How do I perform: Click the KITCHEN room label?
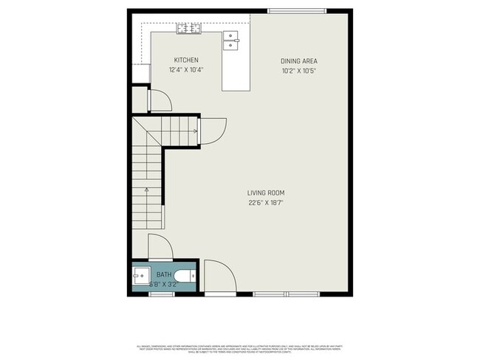point(185,60)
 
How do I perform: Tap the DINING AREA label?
point(298,60)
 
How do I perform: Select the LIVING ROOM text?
point(266,193)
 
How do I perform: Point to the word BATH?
point(163,274)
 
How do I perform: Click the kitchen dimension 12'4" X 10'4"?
point(185,70)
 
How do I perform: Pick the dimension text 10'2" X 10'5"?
point(298,71)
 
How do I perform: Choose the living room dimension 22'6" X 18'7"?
point(266,203)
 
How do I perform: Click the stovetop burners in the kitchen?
point(188,29)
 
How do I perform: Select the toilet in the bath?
point(188,277)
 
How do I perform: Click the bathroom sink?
point(140,277)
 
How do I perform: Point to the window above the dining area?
point(296,11)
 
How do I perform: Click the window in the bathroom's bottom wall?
point(162,295)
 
